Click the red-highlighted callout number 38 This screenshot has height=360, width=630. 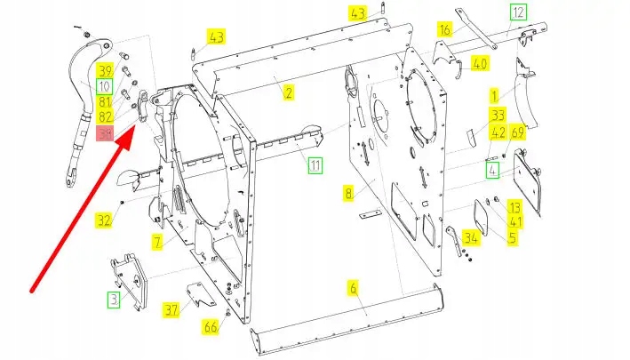point(106,134)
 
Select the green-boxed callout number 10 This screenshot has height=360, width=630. point(105,86)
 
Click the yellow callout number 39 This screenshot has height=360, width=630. point(106,71)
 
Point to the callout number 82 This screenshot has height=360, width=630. point(106,117)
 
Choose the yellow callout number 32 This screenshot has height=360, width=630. point(105,220)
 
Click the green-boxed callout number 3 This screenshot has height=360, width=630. point(113,300)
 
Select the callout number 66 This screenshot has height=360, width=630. point(211,327)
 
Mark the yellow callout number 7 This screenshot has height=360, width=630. point(157,241)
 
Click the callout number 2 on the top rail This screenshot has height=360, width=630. point(289,92)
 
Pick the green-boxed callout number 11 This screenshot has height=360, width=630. point(315,164)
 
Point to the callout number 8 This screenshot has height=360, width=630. point(349,192)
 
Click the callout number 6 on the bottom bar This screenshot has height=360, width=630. point(353,287)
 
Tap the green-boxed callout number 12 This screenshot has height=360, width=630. point(517,12)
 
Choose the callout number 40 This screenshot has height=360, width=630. point(480,64)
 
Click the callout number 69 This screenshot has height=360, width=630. point(517,132)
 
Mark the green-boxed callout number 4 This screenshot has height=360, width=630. point(492,168)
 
